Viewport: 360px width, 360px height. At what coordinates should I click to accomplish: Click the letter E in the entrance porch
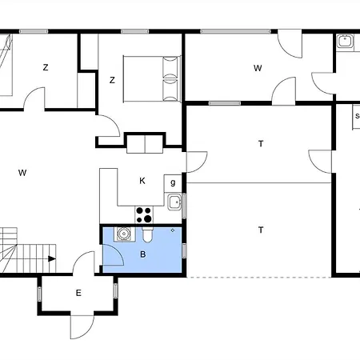click(x=78, y=293)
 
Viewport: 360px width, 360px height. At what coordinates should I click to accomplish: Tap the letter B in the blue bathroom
click(x=143, y=254)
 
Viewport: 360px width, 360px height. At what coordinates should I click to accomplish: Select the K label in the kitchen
click(x=142, y=181)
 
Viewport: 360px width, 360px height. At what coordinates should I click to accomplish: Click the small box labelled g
click(x=173, y=183)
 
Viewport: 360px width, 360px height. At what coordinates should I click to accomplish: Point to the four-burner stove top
click(x=144, y=215)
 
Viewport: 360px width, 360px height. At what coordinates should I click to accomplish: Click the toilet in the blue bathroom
click(x=147, y=234)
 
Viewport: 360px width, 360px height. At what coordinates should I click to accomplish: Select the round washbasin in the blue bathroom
click(x=123, y=234)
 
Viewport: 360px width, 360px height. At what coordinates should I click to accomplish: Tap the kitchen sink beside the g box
click(x=175, y=202)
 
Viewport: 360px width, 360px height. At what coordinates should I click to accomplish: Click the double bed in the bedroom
click(x=152, y=78)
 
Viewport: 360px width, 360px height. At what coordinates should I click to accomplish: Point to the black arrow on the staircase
click(x=52, y=258)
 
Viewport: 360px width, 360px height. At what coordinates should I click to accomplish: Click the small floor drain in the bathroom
click(x=173, y=230)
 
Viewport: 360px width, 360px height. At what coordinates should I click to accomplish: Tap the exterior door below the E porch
click(x=82, y=327)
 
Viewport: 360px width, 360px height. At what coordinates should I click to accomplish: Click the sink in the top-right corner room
click(x=345, y=42)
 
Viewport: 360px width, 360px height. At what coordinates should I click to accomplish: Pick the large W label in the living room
click(x=22, y=173)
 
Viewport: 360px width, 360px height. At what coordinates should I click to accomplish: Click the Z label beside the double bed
click(x=112, y=80)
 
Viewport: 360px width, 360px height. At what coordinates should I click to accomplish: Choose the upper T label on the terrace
click(x=261, y=144)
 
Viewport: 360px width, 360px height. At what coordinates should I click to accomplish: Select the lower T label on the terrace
click(x=261, y=230)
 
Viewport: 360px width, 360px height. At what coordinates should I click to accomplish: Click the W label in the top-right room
click(x=258, y=68)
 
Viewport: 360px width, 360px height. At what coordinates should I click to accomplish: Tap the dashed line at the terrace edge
click(x=258, y=278)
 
